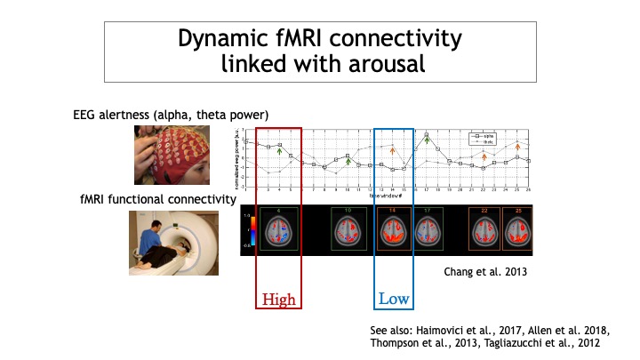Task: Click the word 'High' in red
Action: tap(278, 299)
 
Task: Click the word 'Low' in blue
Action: tap(394, 299)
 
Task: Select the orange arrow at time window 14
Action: tap(392, 153)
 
